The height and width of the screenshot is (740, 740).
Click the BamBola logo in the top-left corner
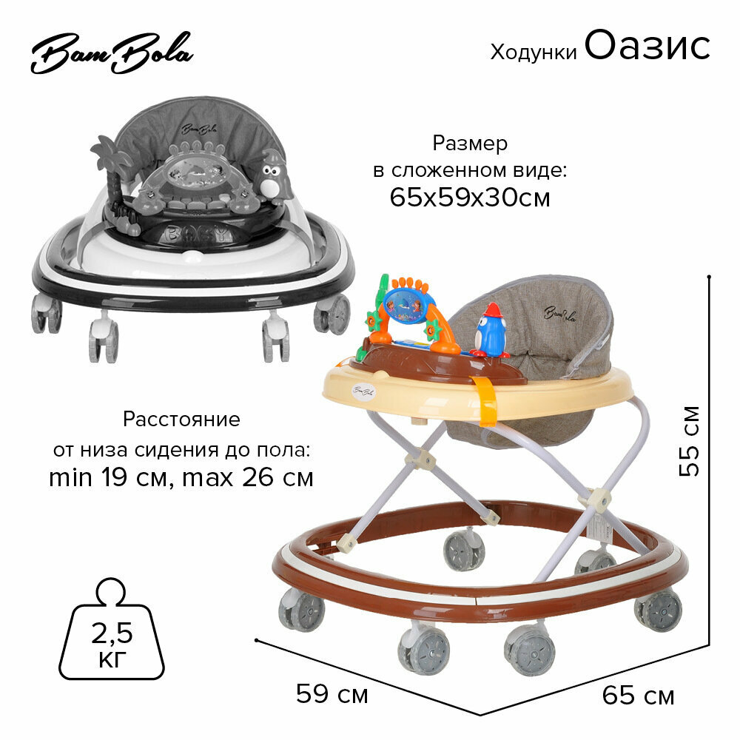[x=111, y=55]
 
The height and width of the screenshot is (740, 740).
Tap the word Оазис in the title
[x=647, y=46]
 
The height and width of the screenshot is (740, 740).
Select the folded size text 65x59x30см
[x=470, y=198]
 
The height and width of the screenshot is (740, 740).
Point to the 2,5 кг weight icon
[x=115, y=639]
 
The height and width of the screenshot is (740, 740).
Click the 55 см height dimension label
[x=690, y=441]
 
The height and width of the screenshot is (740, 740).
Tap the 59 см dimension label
[x=332, y=693]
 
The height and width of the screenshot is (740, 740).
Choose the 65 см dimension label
[x=638, y=696]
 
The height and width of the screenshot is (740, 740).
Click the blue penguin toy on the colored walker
[x=489, y=331]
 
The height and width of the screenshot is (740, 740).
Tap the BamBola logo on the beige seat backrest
[x=559, y=313]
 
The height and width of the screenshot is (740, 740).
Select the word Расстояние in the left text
[x=181, y=420]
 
